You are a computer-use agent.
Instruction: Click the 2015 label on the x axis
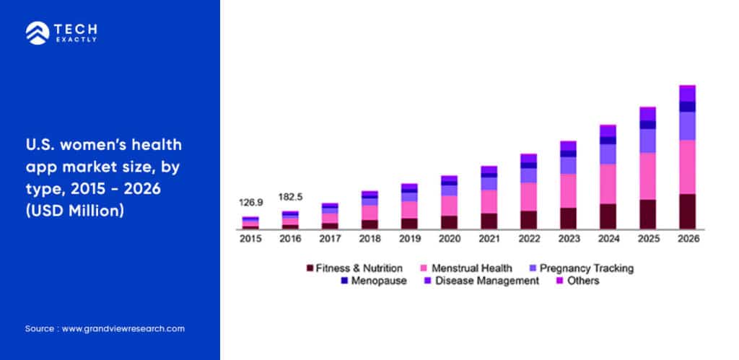(250, 239)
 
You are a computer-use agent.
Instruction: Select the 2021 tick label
(489, 239)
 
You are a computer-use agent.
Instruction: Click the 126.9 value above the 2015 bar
(250, 203)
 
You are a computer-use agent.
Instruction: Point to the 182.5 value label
(290, 196)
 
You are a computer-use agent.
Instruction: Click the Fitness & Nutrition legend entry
(354, 268)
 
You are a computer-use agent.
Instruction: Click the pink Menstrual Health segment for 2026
(688, 167)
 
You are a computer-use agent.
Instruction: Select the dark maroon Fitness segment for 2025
(648, 214)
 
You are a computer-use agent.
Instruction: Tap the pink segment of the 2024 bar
(608, 184)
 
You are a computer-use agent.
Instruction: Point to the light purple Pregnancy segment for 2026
(688, 126)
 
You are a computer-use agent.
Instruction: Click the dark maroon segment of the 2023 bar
(569, 219)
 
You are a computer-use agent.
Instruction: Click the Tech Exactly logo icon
(36, 32)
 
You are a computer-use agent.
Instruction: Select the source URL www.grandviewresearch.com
(123, 328)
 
